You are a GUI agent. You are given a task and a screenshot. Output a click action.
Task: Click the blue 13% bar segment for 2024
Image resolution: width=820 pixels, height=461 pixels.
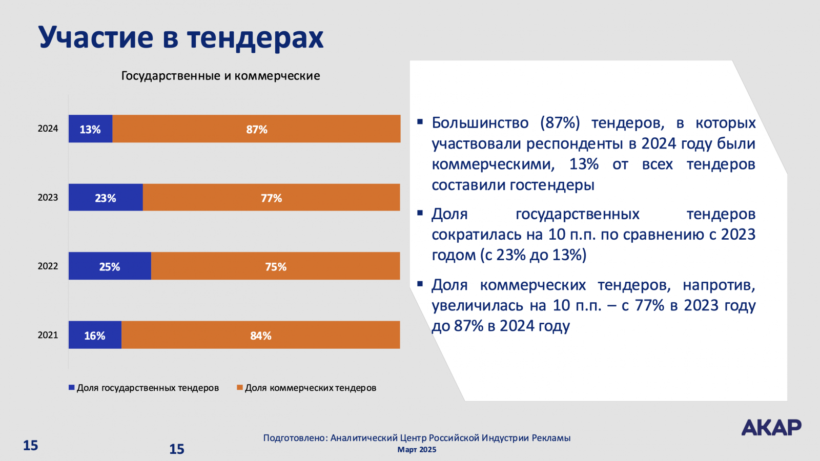[90, 129]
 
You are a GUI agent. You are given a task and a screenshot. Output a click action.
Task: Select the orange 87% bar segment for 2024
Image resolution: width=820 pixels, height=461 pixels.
[256, 129]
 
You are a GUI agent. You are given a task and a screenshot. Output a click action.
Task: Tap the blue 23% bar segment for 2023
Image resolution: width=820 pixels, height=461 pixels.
[106, 197]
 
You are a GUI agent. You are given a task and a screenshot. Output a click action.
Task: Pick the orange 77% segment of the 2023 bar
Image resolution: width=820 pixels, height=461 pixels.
[271, 197]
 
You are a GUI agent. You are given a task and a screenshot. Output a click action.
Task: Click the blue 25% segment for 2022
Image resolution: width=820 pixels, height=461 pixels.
[110, 266]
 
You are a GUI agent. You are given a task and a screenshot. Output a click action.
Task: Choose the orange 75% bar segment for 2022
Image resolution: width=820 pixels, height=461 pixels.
[276, 266]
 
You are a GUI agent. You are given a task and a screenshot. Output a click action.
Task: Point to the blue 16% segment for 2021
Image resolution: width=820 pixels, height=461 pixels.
[95, 335]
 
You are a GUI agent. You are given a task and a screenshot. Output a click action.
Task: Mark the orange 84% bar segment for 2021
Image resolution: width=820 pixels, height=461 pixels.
[260, 335]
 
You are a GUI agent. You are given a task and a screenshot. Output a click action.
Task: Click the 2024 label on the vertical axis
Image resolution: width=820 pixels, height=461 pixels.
[48, 129]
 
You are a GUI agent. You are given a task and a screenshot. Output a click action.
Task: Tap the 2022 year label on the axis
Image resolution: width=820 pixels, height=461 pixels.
[48, 266]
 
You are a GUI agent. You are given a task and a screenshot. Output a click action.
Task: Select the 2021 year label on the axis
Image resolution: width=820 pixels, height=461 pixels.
[48, 335]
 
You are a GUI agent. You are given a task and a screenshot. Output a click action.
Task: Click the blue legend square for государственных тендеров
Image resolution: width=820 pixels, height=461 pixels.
[72, 388]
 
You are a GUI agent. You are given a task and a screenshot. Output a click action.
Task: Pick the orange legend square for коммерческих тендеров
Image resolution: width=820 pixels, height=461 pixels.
[239, 388]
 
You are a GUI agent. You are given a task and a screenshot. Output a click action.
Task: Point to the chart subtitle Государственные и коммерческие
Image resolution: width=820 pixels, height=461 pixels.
[220, 76]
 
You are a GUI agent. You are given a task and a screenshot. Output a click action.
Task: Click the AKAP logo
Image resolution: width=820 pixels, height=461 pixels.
[771, 427]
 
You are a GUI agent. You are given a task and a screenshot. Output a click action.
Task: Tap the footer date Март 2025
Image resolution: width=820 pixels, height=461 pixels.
[417, 450]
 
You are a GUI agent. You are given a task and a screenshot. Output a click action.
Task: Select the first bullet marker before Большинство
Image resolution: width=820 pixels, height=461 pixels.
[420, 122]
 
